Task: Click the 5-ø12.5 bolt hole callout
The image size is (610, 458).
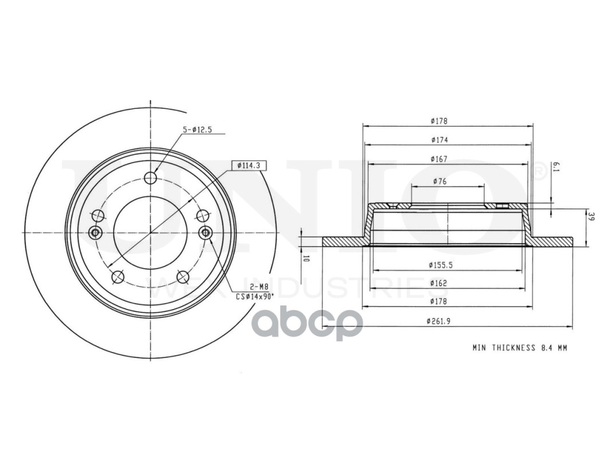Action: [197, 130]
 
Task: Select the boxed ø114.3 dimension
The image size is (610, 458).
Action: [248, 165]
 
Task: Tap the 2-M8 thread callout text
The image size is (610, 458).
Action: [259, 287]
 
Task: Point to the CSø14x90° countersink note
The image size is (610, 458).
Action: [255, 297]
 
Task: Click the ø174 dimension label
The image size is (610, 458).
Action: [439, 140]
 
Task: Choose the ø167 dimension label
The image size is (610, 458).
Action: [439, 159]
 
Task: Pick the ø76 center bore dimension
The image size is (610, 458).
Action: [439, 181]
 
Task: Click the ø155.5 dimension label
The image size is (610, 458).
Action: [441, 265]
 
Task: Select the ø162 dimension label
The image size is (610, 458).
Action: [439, 283]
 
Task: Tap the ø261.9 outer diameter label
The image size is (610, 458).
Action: [439, 321]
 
